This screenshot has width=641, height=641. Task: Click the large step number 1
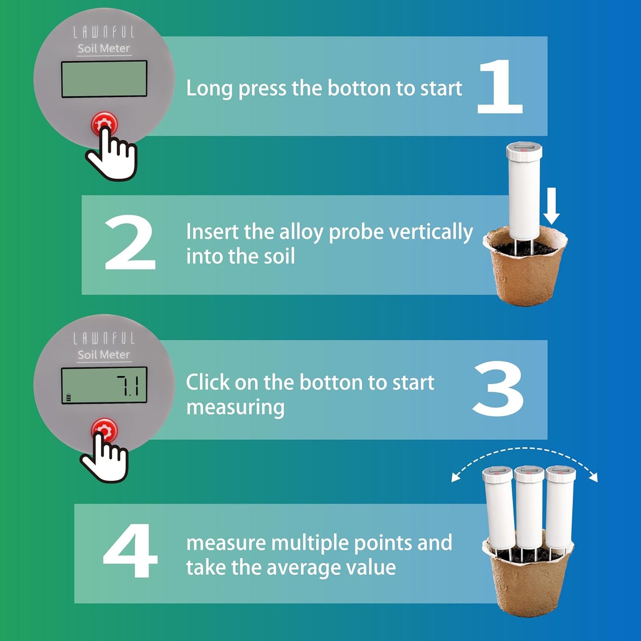(500, 87)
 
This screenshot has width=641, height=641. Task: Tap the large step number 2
(130, 243)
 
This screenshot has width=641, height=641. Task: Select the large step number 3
(499, 389)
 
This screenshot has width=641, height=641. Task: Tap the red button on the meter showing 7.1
(104, 429)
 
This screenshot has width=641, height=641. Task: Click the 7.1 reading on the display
(128, 385)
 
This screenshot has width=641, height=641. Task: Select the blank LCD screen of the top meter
(104, 79)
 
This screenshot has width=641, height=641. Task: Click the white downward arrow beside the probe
(551, 206)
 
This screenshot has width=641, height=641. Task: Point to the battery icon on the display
(68, 397)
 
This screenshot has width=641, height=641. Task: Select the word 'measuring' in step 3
(235, 407)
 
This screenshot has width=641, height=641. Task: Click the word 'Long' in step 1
(209, 88)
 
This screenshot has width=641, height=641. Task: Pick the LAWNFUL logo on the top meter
(104, 32)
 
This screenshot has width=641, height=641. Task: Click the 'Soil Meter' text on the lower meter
(104, 355)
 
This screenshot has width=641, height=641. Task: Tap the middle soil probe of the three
(529, 510)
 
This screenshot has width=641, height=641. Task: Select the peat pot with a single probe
(525, 271)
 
